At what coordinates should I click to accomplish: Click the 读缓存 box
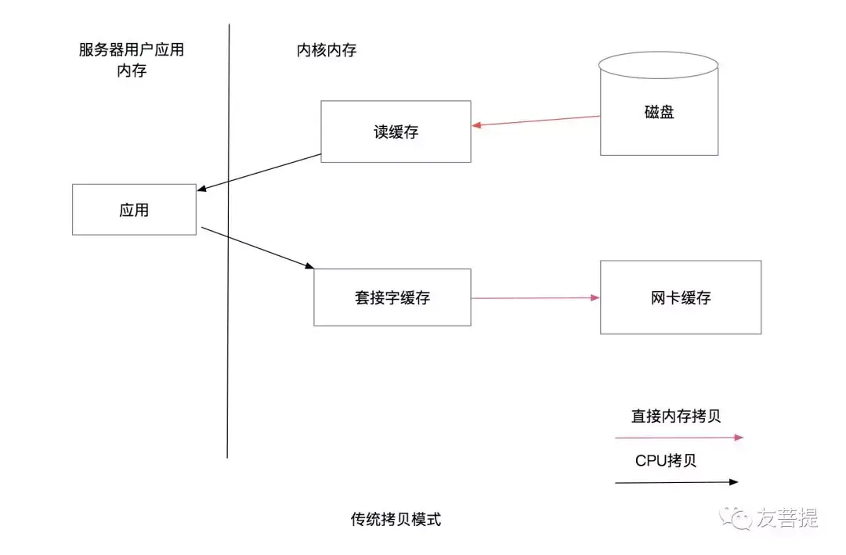click(x=396, y=132)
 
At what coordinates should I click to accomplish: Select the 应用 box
click(x=134, y=210)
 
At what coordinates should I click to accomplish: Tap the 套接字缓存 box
click(x=392, y=297)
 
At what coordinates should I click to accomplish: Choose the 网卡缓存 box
click(x=680, y=297)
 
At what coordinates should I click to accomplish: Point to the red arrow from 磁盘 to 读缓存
click(x=536, y=121)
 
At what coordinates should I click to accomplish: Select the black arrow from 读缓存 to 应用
click(x=259, y=172)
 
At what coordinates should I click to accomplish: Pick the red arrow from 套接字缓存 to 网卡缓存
click(x=536, y=297)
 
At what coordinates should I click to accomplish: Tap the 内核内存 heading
click(x=326, y=51)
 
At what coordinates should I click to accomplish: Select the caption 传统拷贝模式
click(x=396, y=519)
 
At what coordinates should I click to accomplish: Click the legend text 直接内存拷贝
click(x=676, y=416)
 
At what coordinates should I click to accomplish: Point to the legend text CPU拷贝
click(x=666, y=460)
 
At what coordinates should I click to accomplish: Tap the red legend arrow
click(x=678, y=438)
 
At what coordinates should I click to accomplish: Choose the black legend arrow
click(x=677, y=482)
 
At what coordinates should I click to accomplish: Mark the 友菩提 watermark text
click(x=786, y=517)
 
